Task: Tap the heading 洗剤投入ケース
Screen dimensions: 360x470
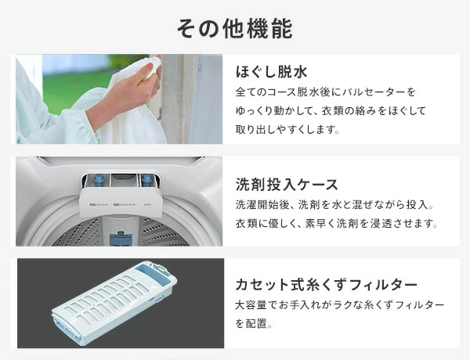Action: coord(287,185)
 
